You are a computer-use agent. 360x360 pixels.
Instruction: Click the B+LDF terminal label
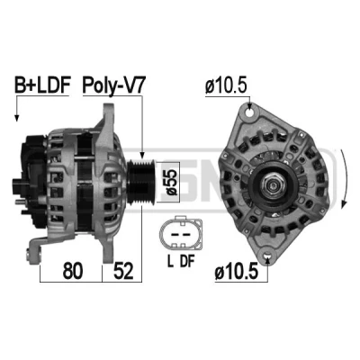42,85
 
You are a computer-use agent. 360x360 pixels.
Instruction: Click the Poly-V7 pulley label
113,85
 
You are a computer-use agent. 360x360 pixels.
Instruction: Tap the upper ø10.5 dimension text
226,85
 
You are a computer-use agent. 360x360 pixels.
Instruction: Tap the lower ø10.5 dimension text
237,272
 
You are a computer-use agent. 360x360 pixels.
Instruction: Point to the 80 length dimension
72,271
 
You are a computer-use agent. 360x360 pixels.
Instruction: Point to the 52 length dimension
123,271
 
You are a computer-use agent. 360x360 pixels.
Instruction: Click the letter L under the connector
170,261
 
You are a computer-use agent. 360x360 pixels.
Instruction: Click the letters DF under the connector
187,261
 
